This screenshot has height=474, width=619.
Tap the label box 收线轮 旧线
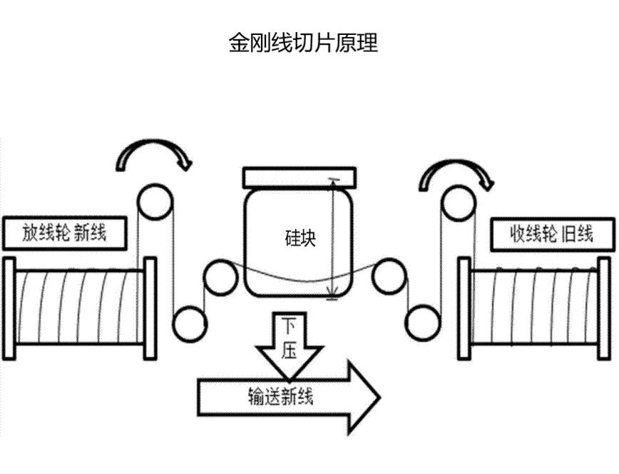point(553,232)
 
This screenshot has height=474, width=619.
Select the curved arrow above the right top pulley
point(456,171)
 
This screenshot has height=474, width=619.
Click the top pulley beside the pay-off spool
point(155,202)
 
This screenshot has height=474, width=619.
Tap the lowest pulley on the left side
point(190,323)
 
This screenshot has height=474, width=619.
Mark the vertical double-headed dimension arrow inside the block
point(332,239)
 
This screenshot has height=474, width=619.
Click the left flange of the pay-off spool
point(9,308)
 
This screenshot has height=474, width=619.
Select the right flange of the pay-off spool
point(150,308)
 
